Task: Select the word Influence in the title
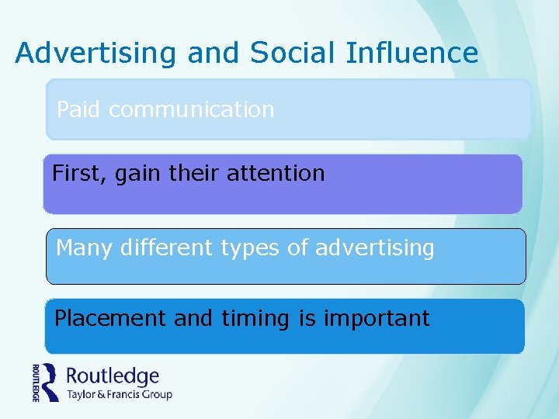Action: pos(411,53)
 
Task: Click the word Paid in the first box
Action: pos(78,109)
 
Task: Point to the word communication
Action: pos(191,109)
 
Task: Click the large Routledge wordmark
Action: pos(113,377)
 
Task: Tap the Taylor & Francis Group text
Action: pos(119,394)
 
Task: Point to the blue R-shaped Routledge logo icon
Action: pos(50,382)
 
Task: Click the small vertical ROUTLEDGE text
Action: pos(36,382)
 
